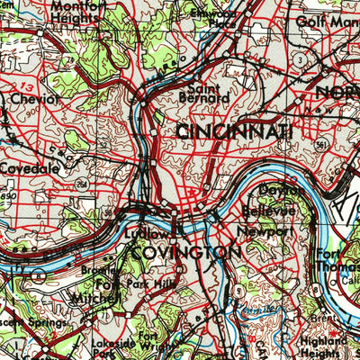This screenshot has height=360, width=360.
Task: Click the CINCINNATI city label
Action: tap(234, 132)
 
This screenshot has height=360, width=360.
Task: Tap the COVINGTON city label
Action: tap(184, 254)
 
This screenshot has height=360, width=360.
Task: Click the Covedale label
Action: tap(29, 167)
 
